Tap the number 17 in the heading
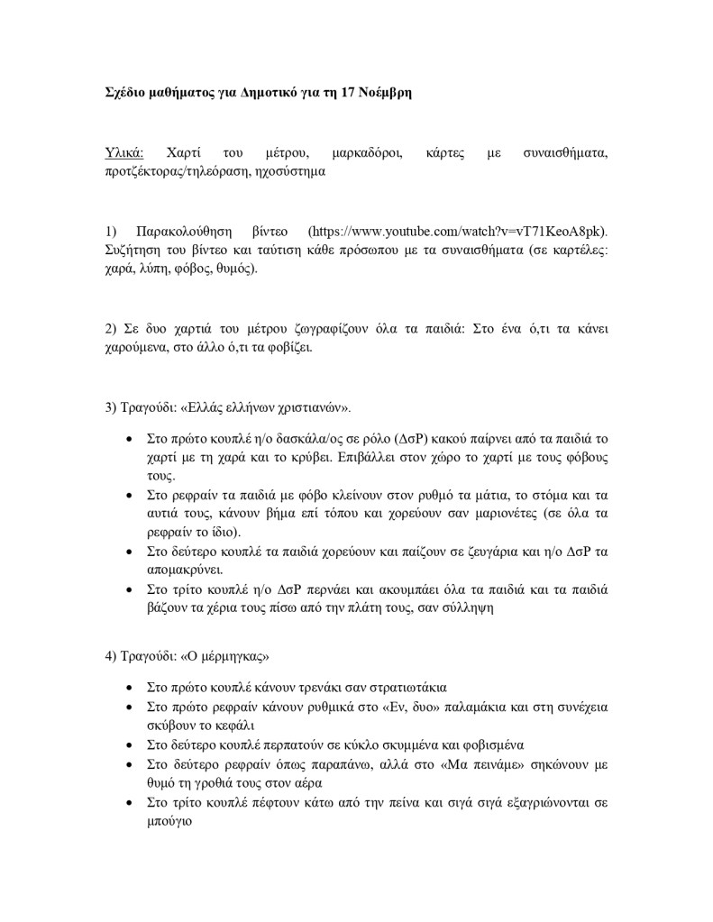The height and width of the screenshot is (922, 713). click(x=340, y=93)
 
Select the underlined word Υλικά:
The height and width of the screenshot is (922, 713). click(x=124, y=152)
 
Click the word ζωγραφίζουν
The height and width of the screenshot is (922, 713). click(x=264, y=329)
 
